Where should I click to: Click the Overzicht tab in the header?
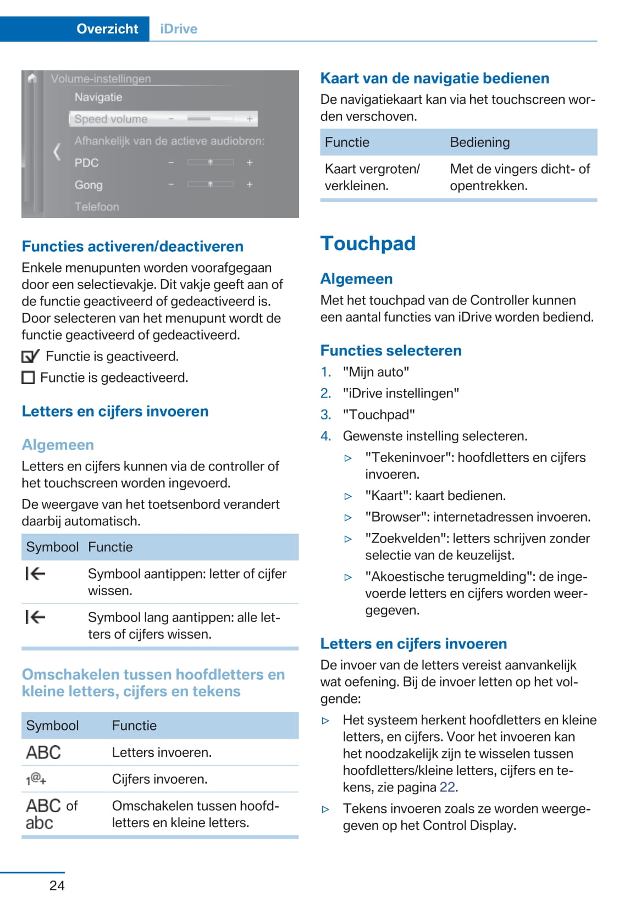coord(107,29)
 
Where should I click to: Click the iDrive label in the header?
coord(179,29)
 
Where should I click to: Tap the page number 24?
coord(57,885)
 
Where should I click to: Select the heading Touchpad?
coord(368,243)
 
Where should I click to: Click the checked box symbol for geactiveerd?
coord(30,357)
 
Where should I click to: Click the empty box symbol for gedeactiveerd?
coord(28,378)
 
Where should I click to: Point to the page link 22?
coord(447,787)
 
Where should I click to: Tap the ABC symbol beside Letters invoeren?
coord(43,752)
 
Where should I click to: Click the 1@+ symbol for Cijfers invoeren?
coord(36,779)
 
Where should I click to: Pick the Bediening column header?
coord(479,142)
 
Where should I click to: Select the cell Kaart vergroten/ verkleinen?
coord(372,177)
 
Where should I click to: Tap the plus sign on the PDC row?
coord(250,163)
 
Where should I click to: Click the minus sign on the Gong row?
coord(171,185)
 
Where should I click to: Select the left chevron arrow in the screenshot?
coord(57,151)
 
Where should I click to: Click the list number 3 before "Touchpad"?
coord(325,414)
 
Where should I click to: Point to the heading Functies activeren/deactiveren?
coord(132,246)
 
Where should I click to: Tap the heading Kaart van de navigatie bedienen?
coord(434,78)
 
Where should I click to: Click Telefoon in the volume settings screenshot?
coord(97,207)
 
